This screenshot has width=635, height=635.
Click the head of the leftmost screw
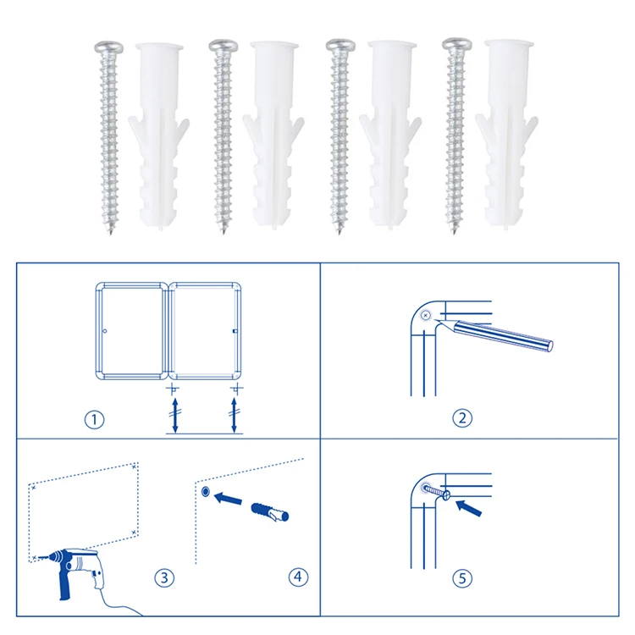[109, 47]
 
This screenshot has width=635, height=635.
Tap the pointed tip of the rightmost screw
[455, 233]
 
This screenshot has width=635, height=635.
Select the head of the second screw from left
[224, 46]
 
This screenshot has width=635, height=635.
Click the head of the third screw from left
[340, 45]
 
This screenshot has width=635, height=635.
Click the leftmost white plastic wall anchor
[159, 135]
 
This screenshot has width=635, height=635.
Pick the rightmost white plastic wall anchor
[507, 135]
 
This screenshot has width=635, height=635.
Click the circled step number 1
[94, 420]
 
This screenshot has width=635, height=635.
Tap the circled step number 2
[462, 418]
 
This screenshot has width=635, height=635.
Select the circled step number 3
[164, 577]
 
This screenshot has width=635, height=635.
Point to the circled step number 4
[298, 577]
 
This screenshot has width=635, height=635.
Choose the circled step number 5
[462, 578]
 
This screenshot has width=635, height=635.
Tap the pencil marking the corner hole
[494, 333]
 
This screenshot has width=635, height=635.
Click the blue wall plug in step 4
[270, 512]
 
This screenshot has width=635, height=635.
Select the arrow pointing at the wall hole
[228, 498]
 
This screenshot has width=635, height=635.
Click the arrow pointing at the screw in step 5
[469, 508]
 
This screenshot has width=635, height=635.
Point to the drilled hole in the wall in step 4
[206, 492]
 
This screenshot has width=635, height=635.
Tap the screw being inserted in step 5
[436, 491]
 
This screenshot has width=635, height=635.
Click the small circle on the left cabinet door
[105, 331]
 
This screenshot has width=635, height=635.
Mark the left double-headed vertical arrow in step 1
[175, 415]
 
